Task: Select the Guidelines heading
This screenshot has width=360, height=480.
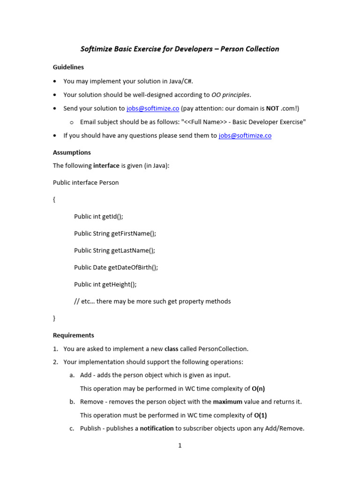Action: tap(68, 67)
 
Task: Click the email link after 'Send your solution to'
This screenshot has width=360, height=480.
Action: tap(153, 108)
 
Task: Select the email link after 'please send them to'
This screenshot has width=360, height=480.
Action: tap(245, 135)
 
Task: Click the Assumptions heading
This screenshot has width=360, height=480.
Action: tap(72, 152)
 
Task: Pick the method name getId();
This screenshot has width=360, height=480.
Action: tap(113, 217)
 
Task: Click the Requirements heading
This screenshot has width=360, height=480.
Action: tap(74, 335)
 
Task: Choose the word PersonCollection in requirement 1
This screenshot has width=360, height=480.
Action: tap(223, 349)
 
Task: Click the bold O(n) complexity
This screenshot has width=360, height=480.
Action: tap(262, 388)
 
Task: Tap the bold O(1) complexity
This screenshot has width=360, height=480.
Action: tap(260, 415)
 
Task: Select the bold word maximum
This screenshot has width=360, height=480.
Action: tap(227, 402)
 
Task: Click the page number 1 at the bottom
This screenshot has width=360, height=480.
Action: tap(180, 446)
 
